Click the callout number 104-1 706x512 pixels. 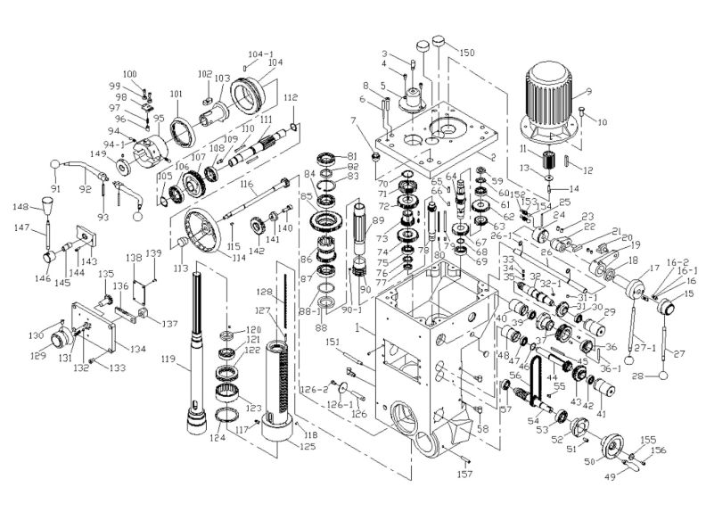click(262, 54)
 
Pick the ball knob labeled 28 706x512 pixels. click(664, 375)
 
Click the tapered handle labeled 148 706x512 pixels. click(45, 208)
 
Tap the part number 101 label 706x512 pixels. click(174, 94)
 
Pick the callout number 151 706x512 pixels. click(332, 343)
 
